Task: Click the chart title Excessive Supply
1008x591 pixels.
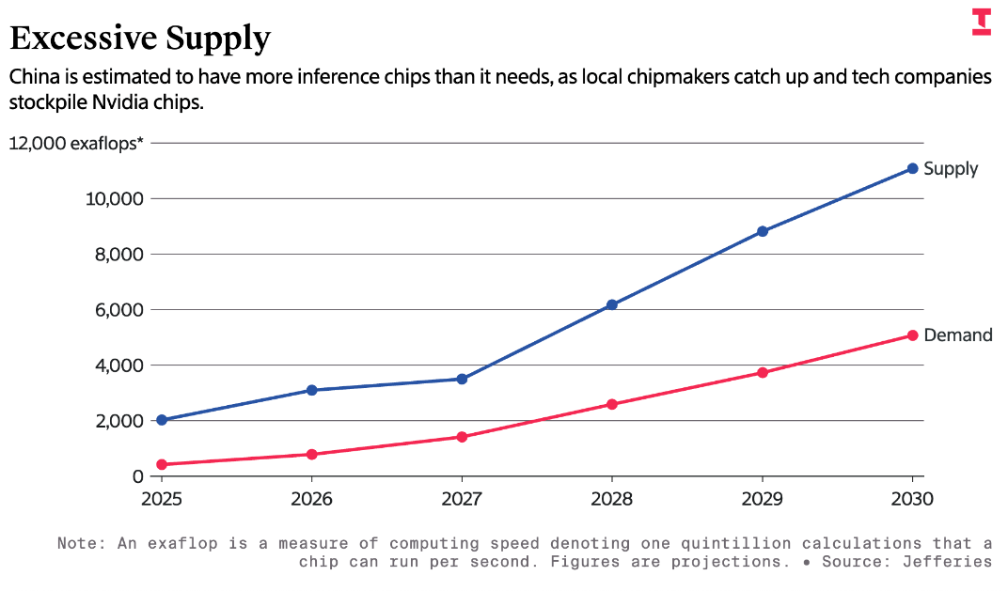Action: (x=140, y=39)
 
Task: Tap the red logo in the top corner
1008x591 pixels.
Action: (x=981, y=23)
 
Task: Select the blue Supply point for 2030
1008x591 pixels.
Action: (x=912, y=168)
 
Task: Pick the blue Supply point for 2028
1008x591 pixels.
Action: (x=612, y=304)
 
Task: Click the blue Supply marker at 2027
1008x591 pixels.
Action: (x=462, y=379)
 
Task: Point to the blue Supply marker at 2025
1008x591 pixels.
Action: (x=162, y=420)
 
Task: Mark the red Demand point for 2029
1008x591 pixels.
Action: (x=763, y=373)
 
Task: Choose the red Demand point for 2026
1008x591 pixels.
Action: (x=311, y=455)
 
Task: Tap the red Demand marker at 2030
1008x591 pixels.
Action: (x=912, y=335)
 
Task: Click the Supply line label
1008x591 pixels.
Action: (x=951, y=169)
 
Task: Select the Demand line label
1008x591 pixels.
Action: (x=958, y=335)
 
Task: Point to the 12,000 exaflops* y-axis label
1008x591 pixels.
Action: (x=77, y=144)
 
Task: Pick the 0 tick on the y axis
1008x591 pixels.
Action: (x=135, y=476)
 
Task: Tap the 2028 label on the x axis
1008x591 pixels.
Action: (x=612, y=499)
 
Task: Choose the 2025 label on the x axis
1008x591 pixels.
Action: (x=162, y=499)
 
